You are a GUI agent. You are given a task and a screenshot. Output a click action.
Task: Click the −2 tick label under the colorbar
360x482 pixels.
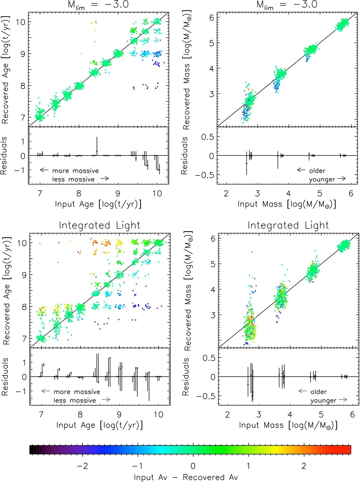(x=82, y=466)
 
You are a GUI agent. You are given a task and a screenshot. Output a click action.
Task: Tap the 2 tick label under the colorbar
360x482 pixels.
(x=304, y=466)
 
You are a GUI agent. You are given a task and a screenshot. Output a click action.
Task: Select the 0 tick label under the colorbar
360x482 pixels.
(x=193, y=466)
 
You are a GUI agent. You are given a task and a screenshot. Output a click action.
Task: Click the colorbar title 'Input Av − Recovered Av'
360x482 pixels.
(x=186, y=477)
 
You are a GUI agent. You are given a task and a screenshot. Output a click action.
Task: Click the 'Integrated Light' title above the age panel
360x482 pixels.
(x=99, y=225)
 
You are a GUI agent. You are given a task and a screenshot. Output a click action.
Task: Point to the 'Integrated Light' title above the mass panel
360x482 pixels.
(x=288, y=225)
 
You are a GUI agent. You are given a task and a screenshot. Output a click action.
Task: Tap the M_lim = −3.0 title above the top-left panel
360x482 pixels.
(x=98, y=5)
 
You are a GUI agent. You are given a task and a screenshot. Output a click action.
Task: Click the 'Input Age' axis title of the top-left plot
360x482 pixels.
(x=98, y=204)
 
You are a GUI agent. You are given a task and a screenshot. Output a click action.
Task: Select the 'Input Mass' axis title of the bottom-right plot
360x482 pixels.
(x=288, y=425)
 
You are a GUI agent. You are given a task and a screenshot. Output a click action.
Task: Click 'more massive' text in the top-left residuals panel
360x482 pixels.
(x=75, y=170)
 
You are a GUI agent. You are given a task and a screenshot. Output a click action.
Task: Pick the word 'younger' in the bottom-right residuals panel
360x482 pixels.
(x=323, y=400)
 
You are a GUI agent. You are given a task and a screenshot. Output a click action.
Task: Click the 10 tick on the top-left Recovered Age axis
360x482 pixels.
(x=21, y=22)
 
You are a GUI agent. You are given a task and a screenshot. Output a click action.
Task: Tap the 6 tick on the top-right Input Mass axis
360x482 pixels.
(x=351, y=193)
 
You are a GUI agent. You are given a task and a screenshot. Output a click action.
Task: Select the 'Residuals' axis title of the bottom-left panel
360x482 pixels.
(x=5, y=377)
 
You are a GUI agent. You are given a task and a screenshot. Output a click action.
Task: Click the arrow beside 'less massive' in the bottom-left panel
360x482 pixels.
(x=106, y=400)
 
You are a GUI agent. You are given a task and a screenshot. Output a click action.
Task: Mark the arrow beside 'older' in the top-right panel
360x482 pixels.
(x=301, y=170)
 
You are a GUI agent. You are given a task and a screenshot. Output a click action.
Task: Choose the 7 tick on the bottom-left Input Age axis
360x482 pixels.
(x=41, y=415)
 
